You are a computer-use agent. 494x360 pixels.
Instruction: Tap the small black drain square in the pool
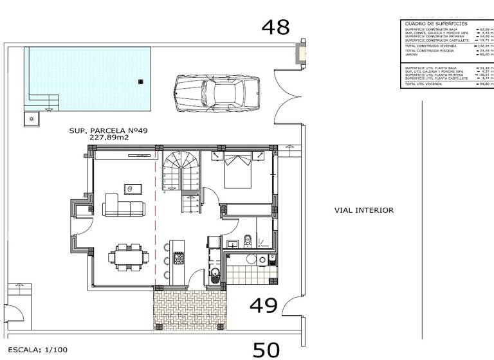(141, 81)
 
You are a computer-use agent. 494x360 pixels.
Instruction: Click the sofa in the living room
(124, 208)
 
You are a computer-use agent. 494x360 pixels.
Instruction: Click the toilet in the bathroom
(247, 241)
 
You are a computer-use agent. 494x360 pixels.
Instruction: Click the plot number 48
(275, 27)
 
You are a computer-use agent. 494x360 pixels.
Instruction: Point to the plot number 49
(264, 305)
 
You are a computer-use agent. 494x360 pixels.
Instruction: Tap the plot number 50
(266, 349)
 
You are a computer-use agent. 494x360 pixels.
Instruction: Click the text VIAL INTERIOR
(363, 210)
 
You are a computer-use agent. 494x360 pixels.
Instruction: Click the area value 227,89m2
(109, 137)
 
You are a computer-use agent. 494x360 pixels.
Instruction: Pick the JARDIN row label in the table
(411, 55)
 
